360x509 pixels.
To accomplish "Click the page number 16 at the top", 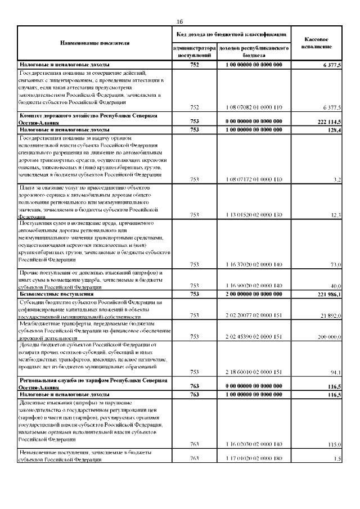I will point(180,21).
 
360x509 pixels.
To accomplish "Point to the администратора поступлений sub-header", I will point(197,52).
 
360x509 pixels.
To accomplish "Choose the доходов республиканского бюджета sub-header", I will point(254,52).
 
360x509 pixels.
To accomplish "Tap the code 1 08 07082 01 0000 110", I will point(254,107).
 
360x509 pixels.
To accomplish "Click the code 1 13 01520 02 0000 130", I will point(254,215).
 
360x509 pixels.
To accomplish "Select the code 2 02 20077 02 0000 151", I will point(254,316).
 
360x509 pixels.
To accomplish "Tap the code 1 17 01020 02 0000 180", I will point(254,458).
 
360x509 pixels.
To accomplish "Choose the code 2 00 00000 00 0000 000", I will point(254,294).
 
